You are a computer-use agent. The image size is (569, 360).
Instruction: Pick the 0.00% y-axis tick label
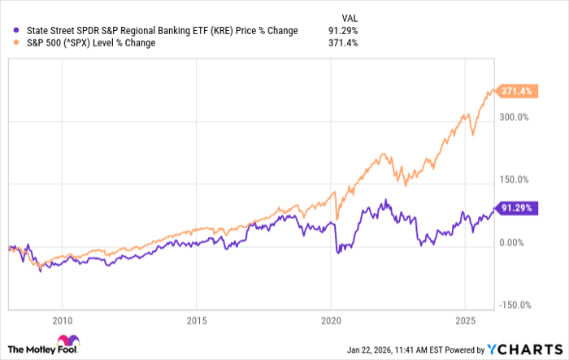(x=513, y=242)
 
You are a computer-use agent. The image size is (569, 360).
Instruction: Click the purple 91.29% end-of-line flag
(x=515, y=208)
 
